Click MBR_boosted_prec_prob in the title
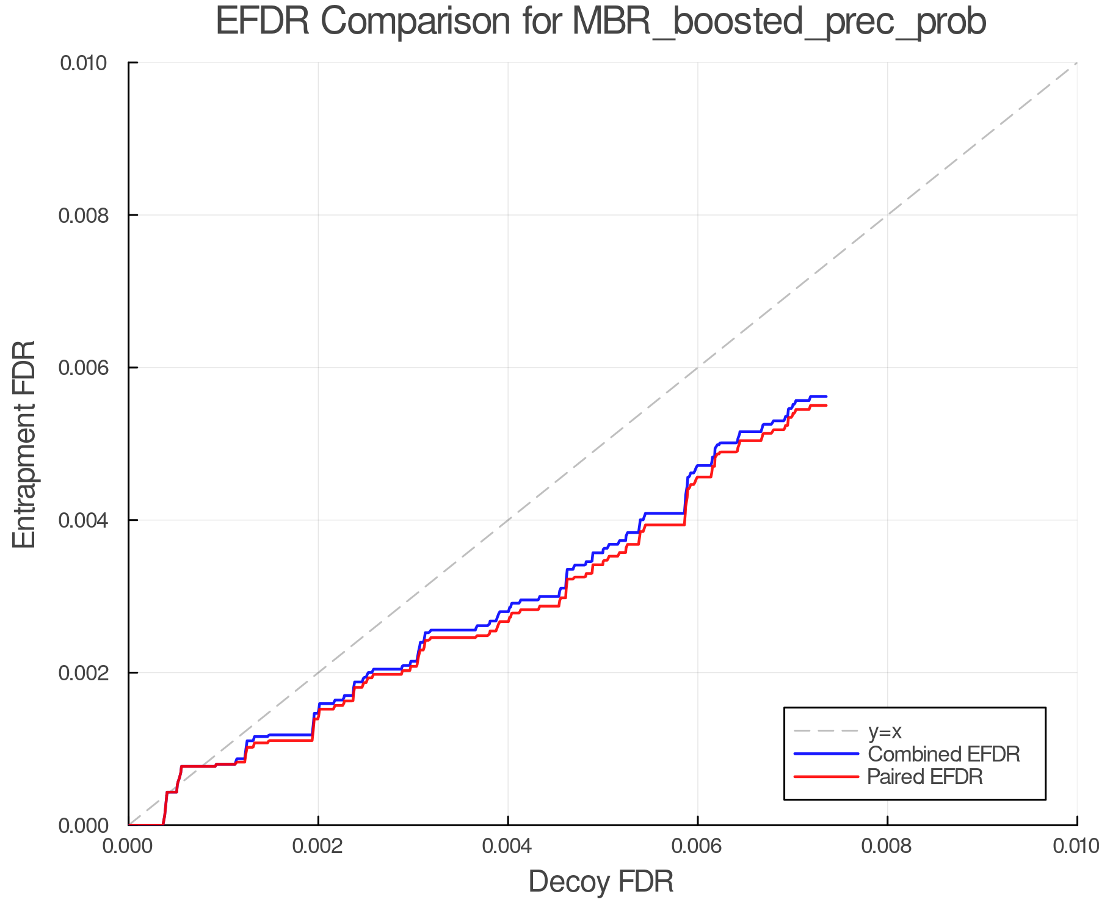pyautogui.click(x=779, y=23)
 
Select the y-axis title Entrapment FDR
pyautogui.click(x=24, y=444)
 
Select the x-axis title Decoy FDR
pyautogui.click(x=601, y=882)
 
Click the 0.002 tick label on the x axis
pyautogui.click(x=318, y=846)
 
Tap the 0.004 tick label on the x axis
pyautogui.click(x=508, y=846)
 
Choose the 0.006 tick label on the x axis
pyautogui.click(x=698, y=846)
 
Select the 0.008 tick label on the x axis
pyautogui.click(x=887, y=846)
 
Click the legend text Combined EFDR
pyautogui.click(x=943, y=754)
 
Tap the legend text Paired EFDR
pyautogui.click(x=925, y=777)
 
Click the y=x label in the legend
pyautogui.click(x=885, y=731)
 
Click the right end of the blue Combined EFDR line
pyautogui.click(x=826, y=396)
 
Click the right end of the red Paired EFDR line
pyautogui.click(x=826, y=405)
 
